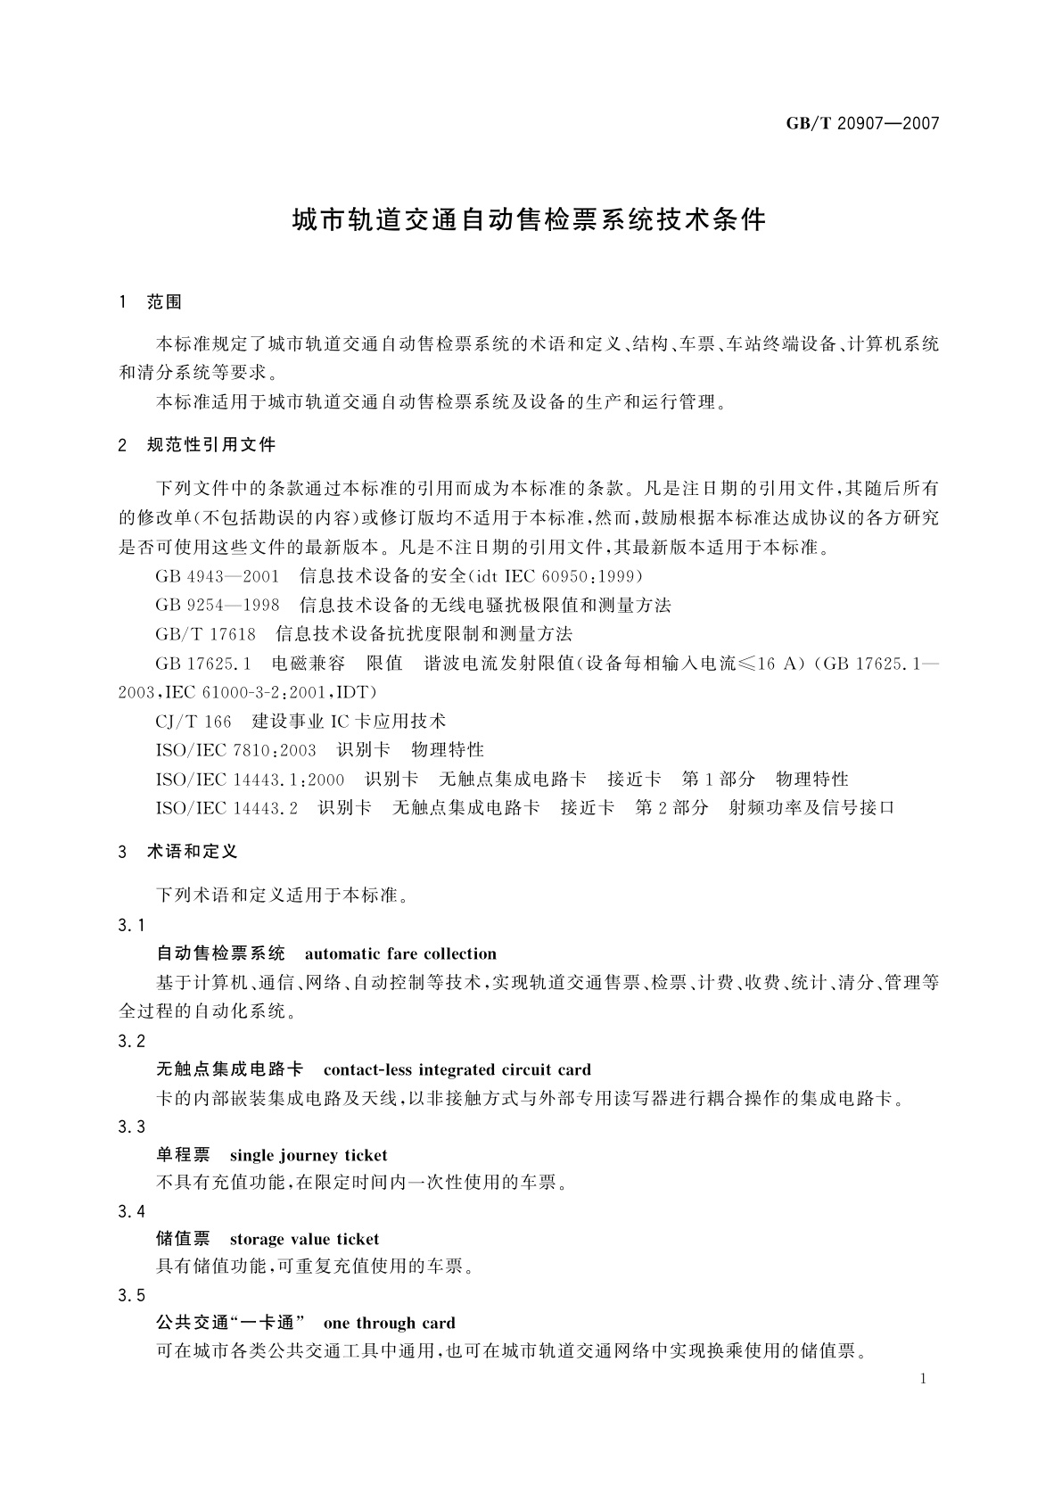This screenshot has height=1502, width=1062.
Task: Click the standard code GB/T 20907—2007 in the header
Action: coord(862,124)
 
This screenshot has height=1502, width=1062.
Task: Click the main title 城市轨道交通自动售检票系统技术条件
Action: coord(530,220)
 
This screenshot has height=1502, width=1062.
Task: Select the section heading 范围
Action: coord(163,302)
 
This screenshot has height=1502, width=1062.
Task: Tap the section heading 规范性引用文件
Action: coord(211,444)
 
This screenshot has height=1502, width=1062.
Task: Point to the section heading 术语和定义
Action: coord(192,852)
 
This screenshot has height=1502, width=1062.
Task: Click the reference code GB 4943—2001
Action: coord(218,576)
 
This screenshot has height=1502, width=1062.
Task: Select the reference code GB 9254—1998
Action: coord(218,606)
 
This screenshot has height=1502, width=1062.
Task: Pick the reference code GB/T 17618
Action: coord(206,634)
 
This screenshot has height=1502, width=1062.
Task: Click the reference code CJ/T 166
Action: coord(193,721)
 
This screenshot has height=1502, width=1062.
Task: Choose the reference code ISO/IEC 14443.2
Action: coord(226,807)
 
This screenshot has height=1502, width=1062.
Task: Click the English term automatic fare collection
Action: coord(400,953)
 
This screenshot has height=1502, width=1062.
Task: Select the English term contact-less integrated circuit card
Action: coord(457,1069)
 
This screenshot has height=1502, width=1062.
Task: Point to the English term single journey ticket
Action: coord(309,1155)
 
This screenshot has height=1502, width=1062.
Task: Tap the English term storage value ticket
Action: coord(304,1239)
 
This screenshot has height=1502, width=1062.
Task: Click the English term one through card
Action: coord(389,1323)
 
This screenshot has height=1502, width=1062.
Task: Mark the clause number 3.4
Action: coord(131,1211)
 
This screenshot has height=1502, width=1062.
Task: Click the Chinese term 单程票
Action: coord(183,1155)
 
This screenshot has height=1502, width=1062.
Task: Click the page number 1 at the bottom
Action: coord(923,1379)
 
